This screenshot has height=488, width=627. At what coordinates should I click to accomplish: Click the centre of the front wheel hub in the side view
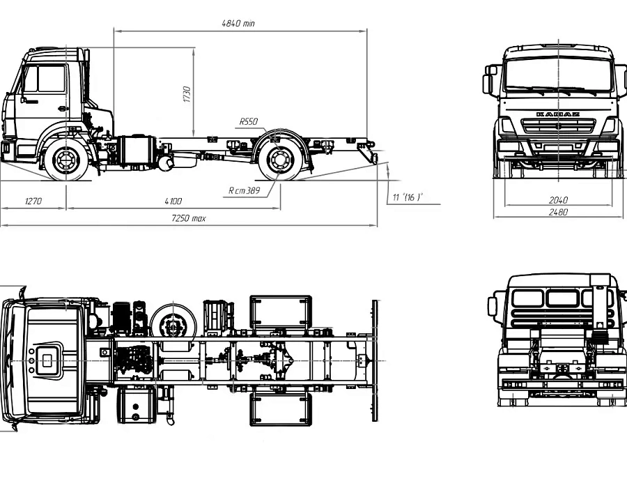(x=66, y=160)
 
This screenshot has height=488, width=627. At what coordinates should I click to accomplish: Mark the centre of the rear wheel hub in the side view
(x=279, y=160)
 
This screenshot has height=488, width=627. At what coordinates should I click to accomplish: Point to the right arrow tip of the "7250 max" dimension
(x=377, y=225)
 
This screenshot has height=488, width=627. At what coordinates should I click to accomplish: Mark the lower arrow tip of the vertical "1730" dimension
(x=193, y=137)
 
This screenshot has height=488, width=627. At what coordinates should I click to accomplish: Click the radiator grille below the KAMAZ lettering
(x=558, y=127)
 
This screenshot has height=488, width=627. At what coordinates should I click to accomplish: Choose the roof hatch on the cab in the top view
(x=47, y=361)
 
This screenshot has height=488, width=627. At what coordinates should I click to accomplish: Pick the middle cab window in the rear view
(x=563, y=298)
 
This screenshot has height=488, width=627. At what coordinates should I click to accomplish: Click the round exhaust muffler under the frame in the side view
(x=166, y=163)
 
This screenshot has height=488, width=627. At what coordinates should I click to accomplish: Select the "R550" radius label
(x=248, y=121)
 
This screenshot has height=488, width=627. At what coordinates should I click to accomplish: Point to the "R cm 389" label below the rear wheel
(x=244, y=190)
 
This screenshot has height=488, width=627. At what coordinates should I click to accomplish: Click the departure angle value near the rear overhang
(x=408, y=197)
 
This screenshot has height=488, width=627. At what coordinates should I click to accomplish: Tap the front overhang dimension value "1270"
(x=33, y=201)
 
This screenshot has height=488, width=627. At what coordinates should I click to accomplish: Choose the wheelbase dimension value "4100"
(x=173, y=201)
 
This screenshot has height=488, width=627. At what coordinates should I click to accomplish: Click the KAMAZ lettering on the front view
(x=558, y=114)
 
